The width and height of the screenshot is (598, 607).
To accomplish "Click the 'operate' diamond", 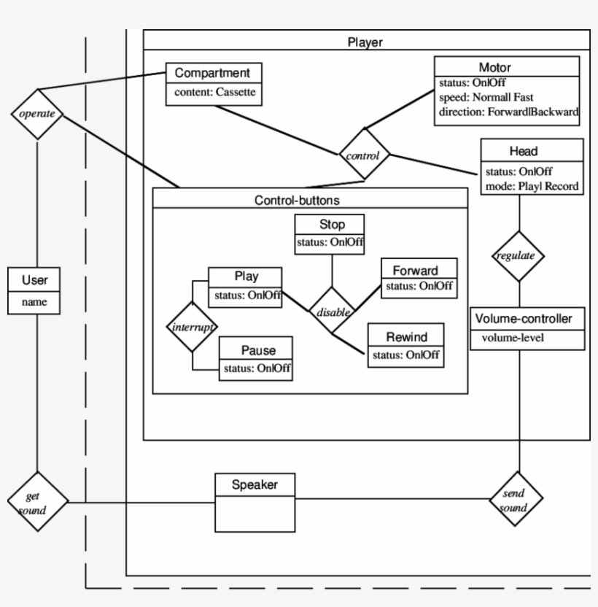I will tap(37, 115).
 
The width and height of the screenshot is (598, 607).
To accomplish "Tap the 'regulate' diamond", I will tap(519, 256).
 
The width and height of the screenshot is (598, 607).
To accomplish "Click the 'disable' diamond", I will tap(333, 312).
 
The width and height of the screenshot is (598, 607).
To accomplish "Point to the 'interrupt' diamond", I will tap(192, 327).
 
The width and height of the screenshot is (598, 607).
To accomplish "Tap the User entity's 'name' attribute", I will tap(34, 302).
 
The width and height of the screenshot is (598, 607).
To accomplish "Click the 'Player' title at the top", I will tap(365, 42).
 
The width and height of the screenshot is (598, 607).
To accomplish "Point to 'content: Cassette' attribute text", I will tap(214, 93).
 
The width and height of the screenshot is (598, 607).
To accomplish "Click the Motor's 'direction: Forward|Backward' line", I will tap(508, 112).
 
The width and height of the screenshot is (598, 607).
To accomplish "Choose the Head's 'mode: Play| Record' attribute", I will tap(532, 186).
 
